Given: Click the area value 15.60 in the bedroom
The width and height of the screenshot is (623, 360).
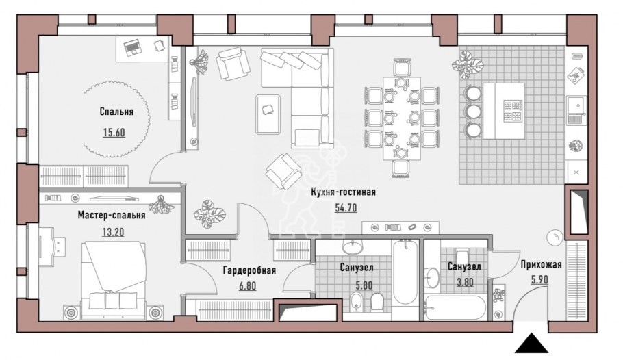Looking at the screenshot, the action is click(114, 132).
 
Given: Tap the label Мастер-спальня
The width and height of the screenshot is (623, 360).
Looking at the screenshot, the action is click(111, 216).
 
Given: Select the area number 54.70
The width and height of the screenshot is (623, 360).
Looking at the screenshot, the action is click(346, 208).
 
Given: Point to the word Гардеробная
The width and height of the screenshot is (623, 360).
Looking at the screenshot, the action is click(249, 270).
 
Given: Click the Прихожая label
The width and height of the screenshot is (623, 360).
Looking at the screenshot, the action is click(541, 265).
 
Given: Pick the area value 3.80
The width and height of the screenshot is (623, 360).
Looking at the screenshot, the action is click(466, 282).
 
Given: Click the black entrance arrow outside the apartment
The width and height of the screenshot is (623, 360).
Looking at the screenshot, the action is click(532, 344).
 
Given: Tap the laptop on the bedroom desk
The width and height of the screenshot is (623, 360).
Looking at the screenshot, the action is click(133, 47).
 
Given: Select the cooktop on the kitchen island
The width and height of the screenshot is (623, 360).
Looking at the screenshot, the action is click(513, 111).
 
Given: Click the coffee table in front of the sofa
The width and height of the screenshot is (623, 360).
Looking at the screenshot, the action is click(268, 114).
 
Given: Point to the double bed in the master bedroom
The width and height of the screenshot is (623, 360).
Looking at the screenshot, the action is click(114, 279).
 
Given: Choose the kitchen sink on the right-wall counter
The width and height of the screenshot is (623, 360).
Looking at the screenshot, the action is click(576, 110).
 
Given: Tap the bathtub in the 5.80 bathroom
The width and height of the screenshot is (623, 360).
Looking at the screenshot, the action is click(405, 272).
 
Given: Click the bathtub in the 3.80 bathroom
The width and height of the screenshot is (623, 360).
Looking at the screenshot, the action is click(455, 307).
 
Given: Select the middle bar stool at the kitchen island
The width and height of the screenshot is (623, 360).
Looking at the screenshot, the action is click(473, 112).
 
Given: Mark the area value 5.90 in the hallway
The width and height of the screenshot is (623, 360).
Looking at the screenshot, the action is click(539, 279).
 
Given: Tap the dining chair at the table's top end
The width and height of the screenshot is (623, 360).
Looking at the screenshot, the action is click(402, 68).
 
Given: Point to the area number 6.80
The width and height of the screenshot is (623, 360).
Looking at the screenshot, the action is click(248, 285).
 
